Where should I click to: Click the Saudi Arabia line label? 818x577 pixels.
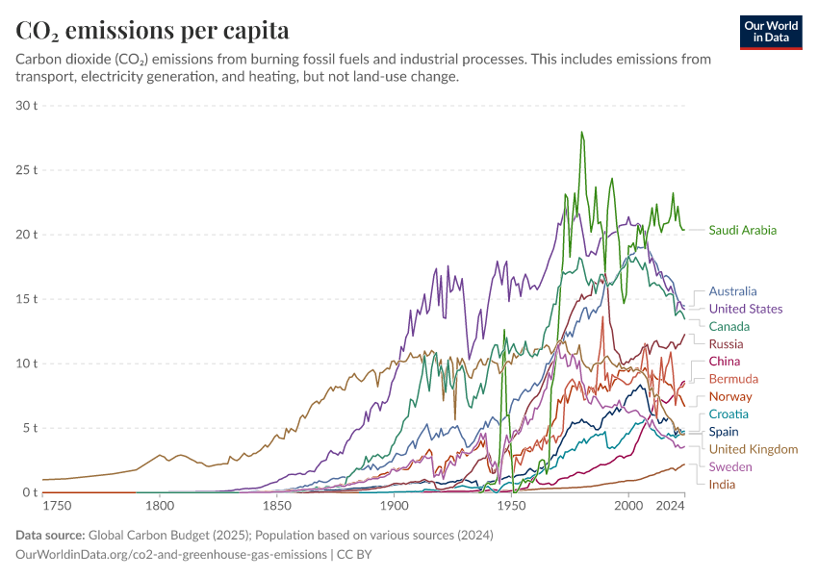click(742, 230)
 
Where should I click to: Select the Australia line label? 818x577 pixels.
click(732, 291)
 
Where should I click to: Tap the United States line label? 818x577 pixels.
click(745, 309)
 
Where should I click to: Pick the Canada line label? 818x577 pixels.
click(729, 326)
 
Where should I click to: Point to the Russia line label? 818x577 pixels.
click(726, 343)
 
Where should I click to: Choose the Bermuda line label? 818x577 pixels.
click(733, 379)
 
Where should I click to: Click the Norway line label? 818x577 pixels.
click(730, 396)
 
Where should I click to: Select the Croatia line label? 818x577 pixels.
click(729, 414)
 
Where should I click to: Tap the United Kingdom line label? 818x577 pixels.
click(753, 449)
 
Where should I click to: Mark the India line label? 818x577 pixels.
click(722, 484)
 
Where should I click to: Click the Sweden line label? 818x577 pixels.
click(729, 466)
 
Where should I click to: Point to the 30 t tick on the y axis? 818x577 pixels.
click(26, 105)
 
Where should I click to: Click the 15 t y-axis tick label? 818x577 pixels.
click(26, 299)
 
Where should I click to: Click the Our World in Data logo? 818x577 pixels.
click(770, 32)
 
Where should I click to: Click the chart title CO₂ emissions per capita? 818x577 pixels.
click(153, 30)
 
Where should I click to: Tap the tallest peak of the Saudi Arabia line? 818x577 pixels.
click(581, 133)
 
